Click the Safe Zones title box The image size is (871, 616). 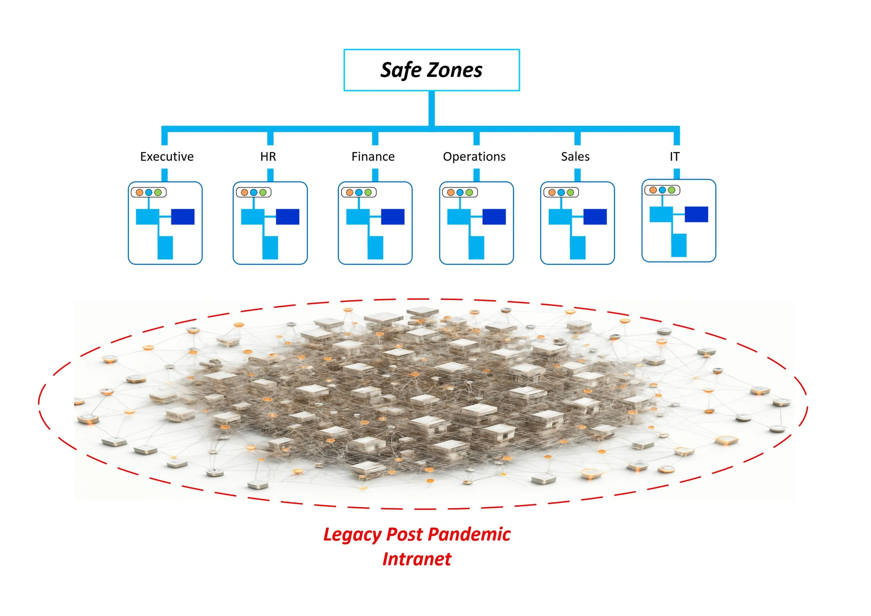pyautogui.click(x=432, y=70)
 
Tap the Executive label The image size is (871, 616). pyautogui.click(x=167, y=157)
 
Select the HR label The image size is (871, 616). pyautogui.click(x=268, y=157)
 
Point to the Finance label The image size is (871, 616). pyautogui.click(x=373, y=157)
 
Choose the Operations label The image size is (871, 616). pyautogui.click(x=474, y=157)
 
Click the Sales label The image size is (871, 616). pyautogui.click(x=575, y=157)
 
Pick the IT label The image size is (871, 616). pyautogui.click(x=675, y=157)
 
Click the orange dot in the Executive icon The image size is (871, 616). pyautogui.click(x=139, y=192)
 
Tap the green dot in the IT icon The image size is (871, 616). pyautogui.click(x=671, y=190)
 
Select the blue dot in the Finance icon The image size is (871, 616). pyautogui.click(x=359, y=192)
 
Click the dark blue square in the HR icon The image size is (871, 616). pyautogui.click(x=287, y=217)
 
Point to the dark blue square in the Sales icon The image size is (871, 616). pyautogui.click(x=595, y=217)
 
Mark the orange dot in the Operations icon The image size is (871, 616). pyautogui.click(x=450, y=192)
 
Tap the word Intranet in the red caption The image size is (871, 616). pyautogui.click(x=417, y=559)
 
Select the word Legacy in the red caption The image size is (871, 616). pyautogui.click(x=352, y=535)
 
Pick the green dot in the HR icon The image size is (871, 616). pyautogui.click(x=263, y=192)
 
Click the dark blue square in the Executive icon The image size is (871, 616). pyautogui.click(x=183, y=217)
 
